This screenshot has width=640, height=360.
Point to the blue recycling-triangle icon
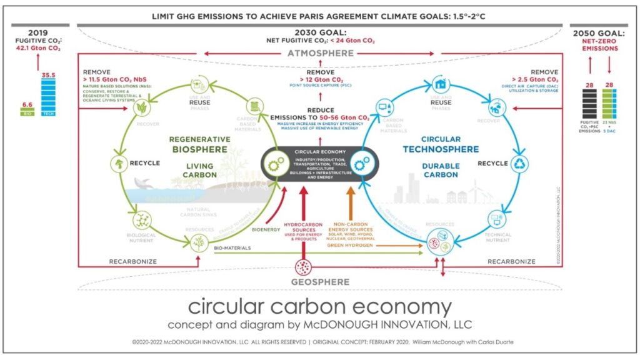coord(520,164)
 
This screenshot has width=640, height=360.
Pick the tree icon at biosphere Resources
coord(199,244)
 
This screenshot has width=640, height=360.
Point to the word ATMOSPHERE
coord(320,54)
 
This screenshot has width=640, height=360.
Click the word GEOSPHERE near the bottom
coord(320,282)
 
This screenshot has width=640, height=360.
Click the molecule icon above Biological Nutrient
coord(144,219)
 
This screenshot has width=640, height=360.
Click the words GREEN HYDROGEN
coord(351,246)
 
